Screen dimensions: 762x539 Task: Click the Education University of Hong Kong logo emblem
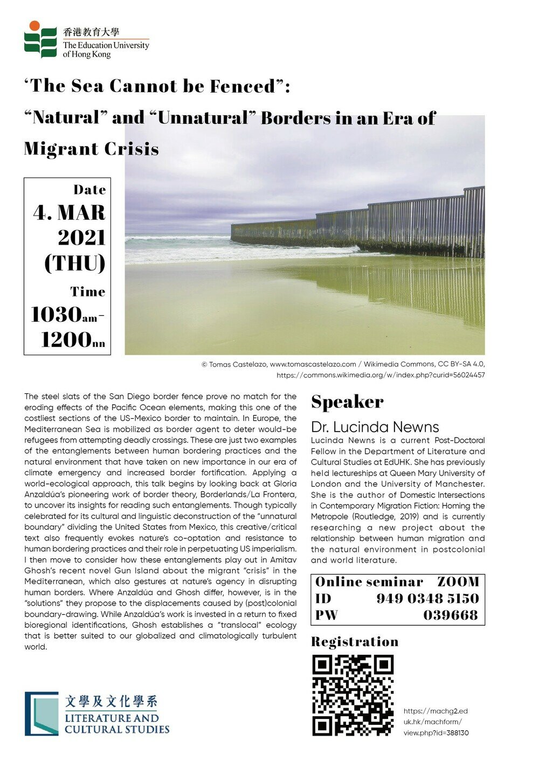[40, 40]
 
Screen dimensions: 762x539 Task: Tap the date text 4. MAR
[69, 213]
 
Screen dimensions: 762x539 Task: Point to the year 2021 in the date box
[81, 238]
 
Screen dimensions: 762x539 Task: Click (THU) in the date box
[74, 263]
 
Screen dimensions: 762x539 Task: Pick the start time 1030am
[64, 315]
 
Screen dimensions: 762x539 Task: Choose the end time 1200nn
[73, 340]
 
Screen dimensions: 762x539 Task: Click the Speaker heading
[347, 402]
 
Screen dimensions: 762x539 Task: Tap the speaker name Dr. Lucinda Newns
[375, 427]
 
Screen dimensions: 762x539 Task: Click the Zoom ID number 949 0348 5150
[427, 598]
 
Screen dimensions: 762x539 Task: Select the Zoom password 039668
[451, 615]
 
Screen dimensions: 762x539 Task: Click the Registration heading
[355, 642]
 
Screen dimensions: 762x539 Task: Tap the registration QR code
[353, 696]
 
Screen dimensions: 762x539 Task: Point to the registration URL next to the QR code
[436, 722]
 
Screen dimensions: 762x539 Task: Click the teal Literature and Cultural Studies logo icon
[42, 713]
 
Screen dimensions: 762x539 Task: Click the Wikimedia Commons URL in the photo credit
[381, 375]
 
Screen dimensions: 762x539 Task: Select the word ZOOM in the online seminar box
[458, 582]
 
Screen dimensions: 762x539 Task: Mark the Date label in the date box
[89, 190]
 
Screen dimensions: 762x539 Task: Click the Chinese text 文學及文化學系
[111, 702]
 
